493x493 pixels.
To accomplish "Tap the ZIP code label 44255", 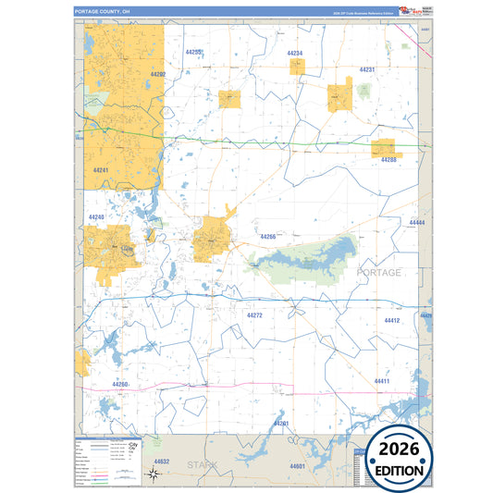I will point(193,53).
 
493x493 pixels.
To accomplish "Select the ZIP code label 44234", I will point(294,54).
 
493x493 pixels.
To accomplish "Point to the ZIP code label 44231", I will point(367,70).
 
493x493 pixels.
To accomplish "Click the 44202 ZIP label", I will point(156,74).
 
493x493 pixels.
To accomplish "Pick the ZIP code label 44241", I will point(101,170).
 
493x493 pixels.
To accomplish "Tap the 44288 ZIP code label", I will point(388,159).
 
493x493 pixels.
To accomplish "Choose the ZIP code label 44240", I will point(96,216).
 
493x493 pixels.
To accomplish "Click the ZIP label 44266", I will point(268,237).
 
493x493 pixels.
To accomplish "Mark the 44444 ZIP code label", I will point(417,224).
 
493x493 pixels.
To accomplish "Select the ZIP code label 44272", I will point(255,315).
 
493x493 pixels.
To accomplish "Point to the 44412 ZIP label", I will point(391,320).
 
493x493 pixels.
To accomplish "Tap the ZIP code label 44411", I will point(382,381).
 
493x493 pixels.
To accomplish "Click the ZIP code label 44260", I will point(120,383).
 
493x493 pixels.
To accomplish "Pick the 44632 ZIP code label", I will point(162,461).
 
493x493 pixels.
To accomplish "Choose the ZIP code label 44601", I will point(297,466).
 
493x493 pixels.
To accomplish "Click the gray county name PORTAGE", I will point(379,273).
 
